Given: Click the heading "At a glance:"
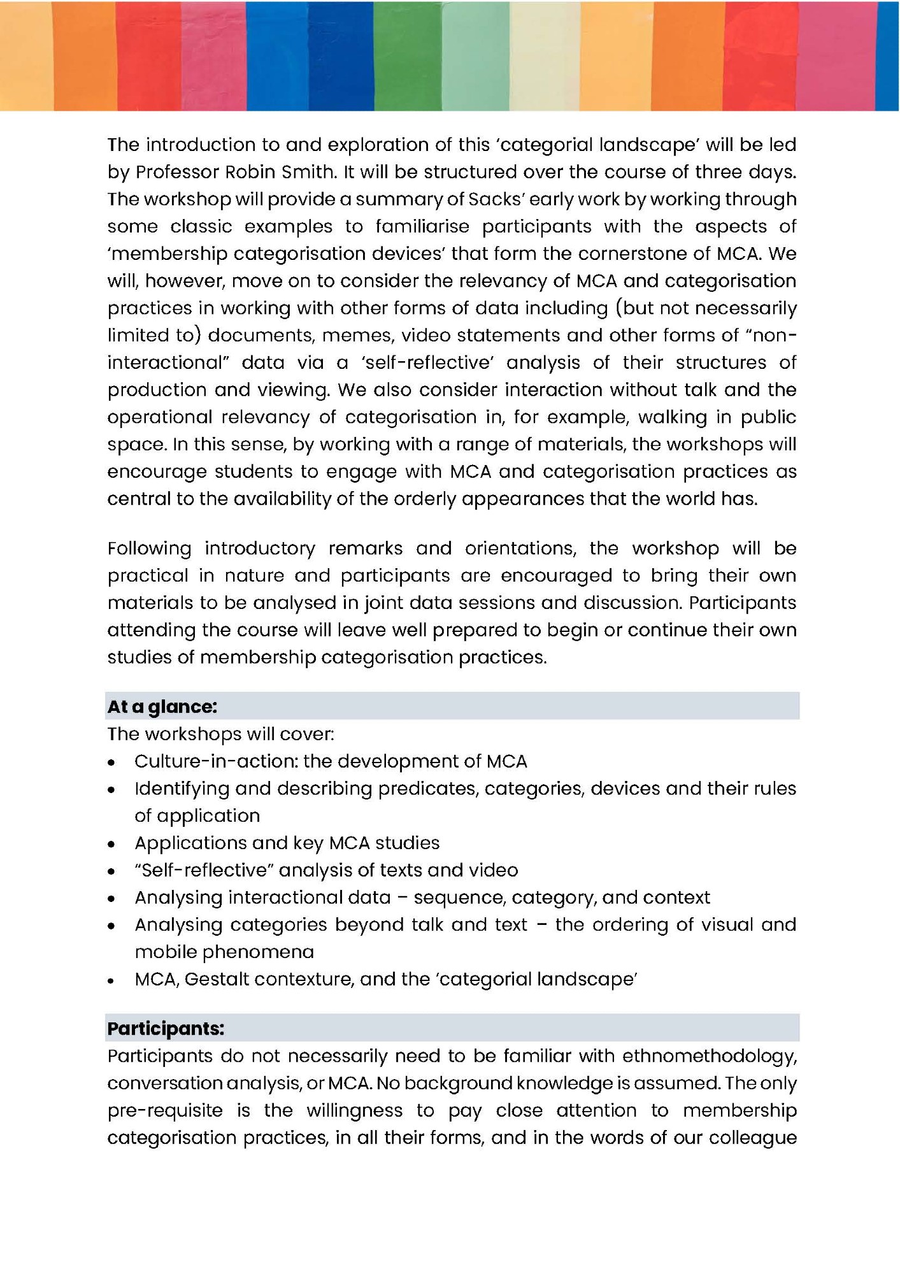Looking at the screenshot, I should coord(162,706).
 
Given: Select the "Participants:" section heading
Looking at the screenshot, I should coord(166,1029).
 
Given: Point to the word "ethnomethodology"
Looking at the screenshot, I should coord(709,1056).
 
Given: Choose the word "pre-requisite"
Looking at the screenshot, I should coord(165,1111).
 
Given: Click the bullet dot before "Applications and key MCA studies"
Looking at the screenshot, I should coord(112,844).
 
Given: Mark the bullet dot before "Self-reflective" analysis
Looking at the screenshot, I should coord(112,871).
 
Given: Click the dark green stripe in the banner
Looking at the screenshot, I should coord(407,56).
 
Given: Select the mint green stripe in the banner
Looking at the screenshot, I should coord(475,56).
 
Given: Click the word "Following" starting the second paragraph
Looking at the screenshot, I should coord(149,548).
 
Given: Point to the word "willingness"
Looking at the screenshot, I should coord(354,1111).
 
